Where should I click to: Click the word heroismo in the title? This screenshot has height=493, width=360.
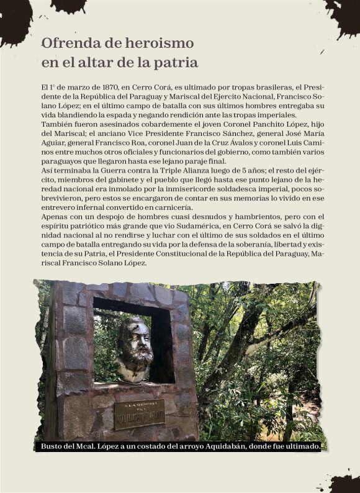pyautogui.click(x=157, y=43)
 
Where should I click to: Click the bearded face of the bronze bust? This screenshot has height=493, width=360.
pyautogui.click(x=134, y=340)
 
